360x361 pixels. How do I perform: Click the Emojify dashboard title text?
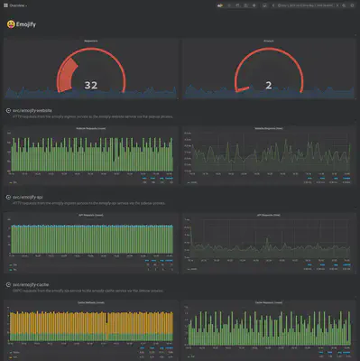[28, 25]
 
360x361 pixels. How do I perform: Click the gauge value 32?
[90, 85]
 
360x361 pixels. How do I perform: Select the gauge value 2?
[268, 85]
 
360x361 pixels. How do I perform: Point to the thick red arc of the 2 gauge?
[240, 88]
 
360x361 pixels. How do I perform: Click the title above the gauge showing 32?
[90, 41]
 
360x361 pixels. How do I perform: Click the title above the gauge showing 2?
[268, 41]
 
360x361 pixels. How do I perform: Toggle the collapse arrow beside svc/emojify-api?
[7, 195]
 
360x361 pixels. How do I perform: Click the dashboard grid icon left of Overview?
[7, 5]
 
